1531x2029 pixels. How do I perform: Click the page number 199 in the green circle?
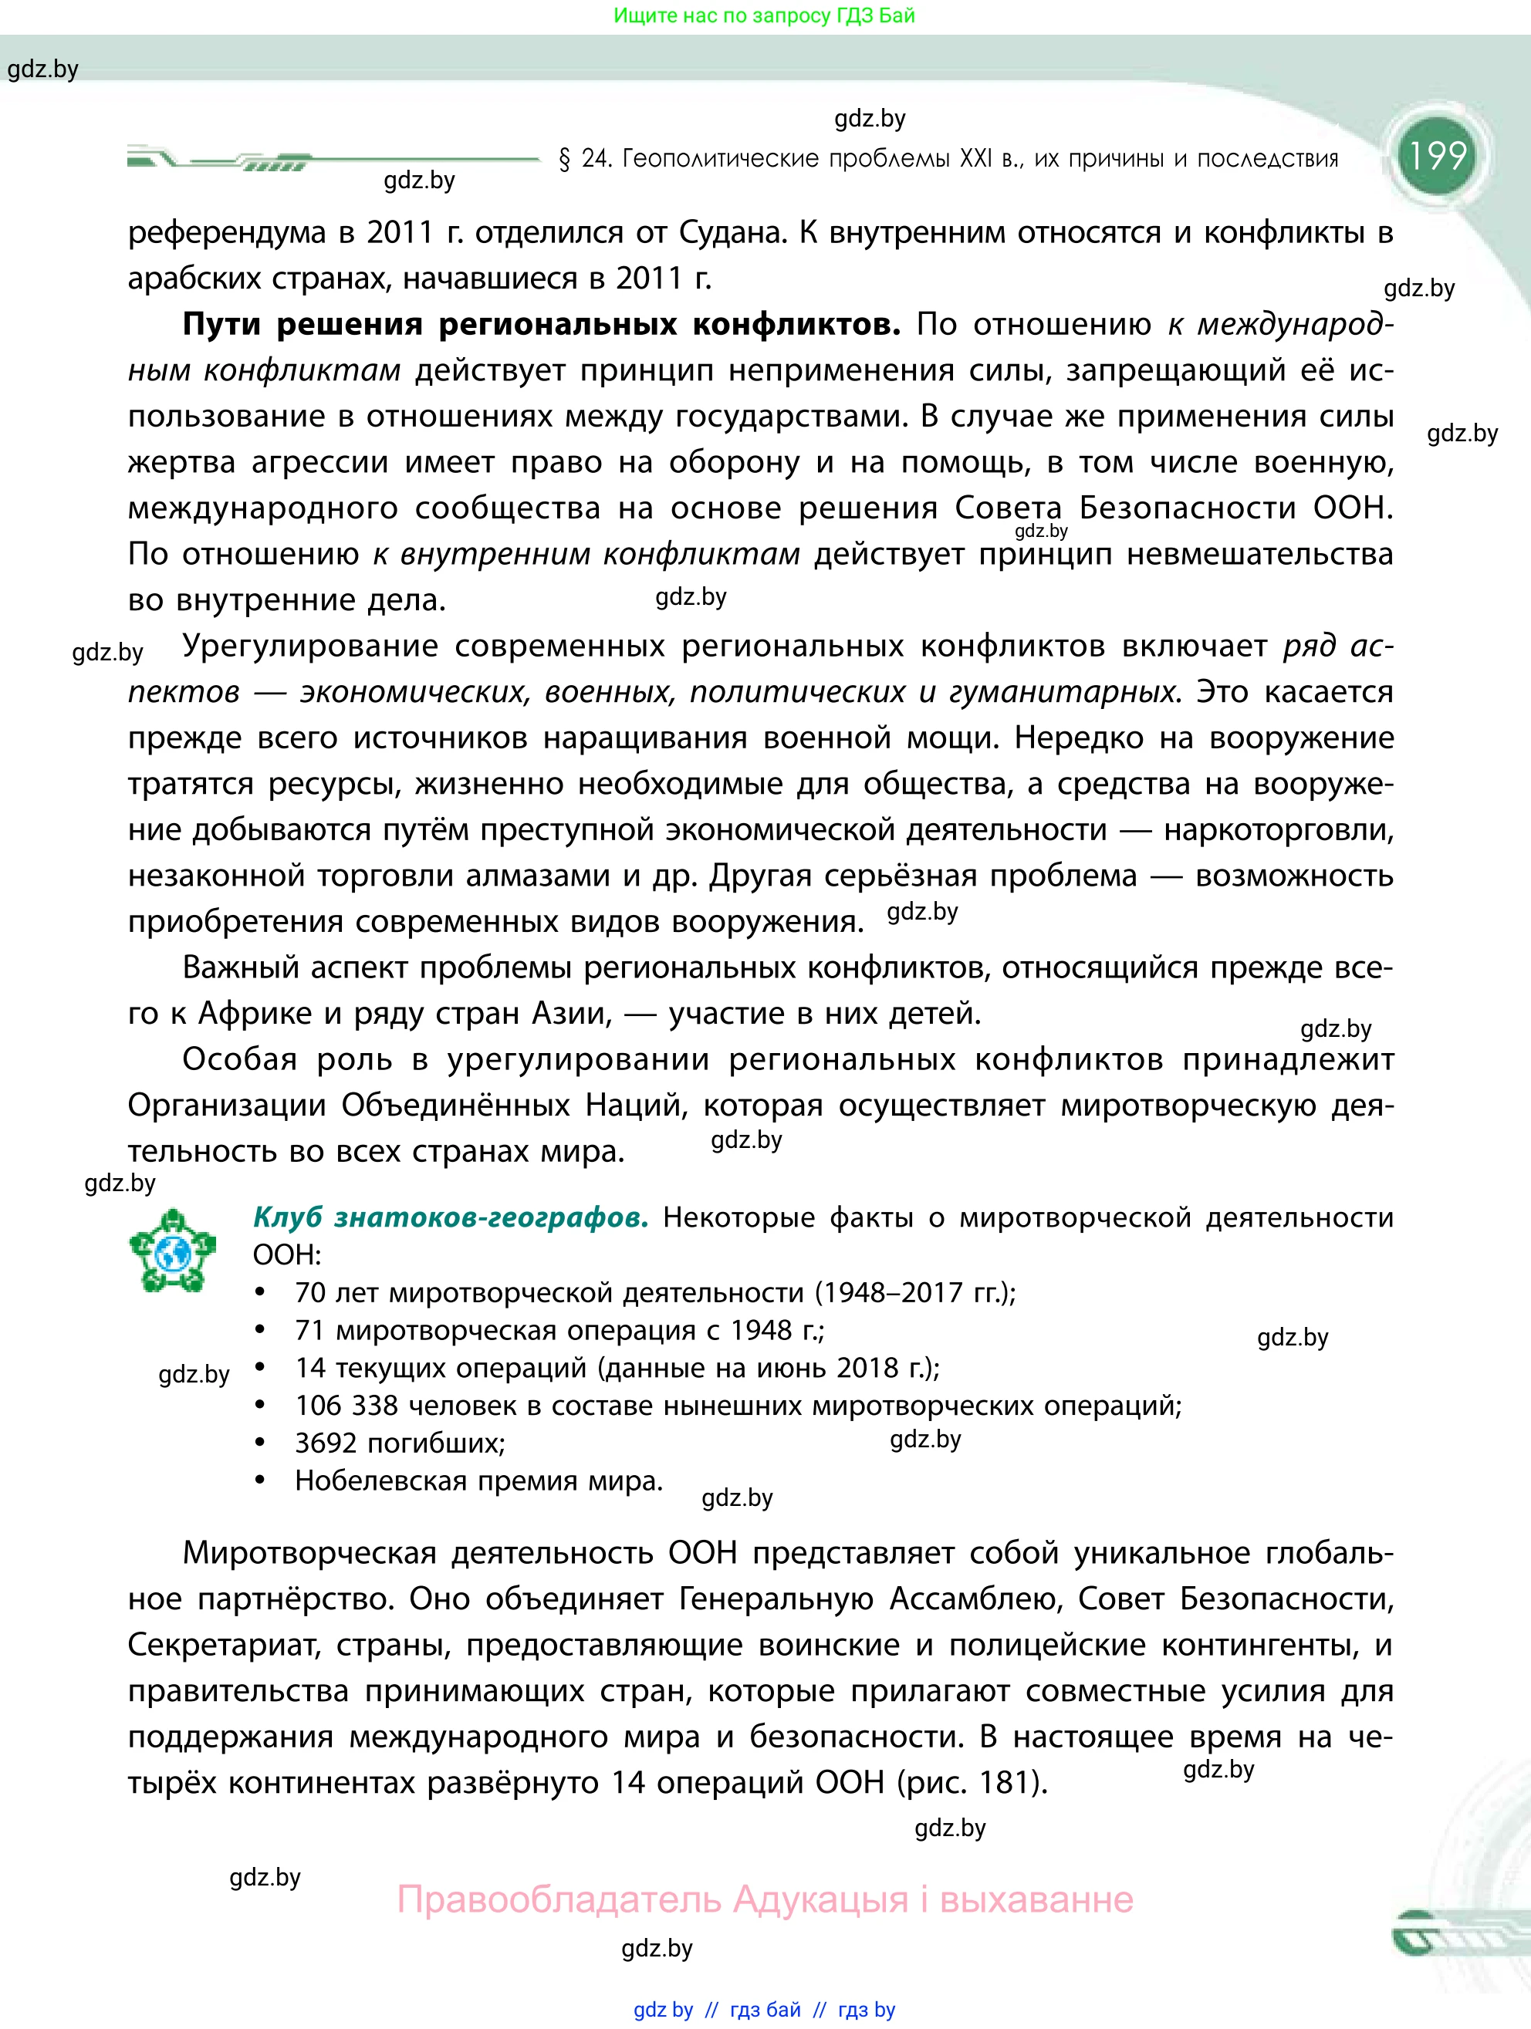(1438, 156)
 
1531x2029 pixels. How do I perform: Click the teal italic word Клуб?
(287, 1217)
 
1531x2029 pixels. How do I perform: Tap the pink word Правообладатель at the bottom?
(559, 1899)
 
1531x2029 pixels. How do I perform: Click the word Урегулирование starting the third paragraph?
(310, 647)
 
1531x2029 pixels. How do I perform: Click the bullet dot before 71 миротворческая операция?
(261, 1330)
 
